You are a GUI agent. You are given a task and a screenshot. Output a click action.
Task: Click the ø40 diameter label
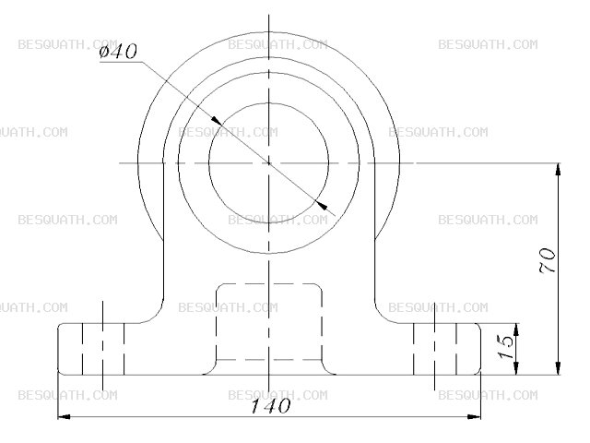click(118, 52)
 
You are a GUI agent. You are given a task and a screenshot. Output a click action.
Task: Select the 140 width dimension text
click(270, 406)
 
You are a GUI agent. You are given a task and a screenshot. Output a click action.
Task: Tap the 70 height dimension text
click(548, 260)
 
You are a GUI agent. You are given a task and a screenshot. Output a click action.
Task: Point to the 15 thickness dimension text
click(505, 347)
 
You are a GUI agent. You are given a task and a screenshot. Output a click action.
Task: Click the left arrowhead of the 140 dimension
click(64, 417)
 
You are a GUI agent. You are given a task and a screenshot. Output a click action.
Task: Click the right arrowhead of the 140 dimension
click(474, 417)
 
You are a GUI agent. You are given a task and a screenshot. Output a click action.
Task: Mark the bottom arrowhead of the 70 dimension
click(558, 368)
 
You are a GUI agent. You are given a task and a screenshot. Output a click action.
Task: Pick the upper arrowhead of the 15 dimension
click(516, 329)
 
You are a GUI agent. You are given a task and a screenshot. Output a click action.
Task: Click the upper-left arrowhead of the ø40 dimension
click(217, 120)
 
